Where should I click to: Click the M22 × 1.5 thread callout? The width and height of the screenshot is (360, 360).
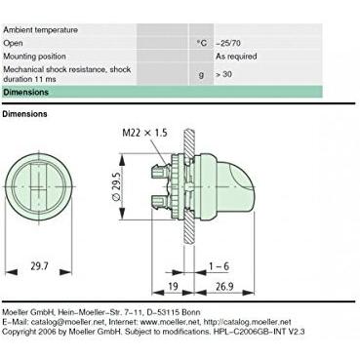coord(144,133)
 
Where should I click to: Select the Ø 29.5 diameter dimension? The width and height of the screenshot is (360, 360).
coord(117,186)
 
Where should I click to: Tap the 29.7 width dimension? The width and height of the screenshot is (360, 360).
coord(39,266)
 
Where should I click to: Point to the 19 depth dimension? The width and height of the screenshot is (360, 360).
coord(173,286)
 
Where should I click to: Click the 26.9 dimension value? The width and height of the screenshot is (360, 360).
coord(224,287)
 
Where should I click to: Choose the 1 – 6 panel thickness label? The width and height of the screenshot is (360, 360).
coord(219,266)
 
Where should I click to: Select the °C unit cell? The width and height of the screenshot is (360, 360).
coord(202,43)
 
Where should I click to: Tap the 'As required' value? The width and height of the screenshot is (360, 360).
coord(236,57)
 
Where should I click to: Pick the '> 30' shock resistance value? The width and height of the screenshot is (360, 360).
coord(223,74)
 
